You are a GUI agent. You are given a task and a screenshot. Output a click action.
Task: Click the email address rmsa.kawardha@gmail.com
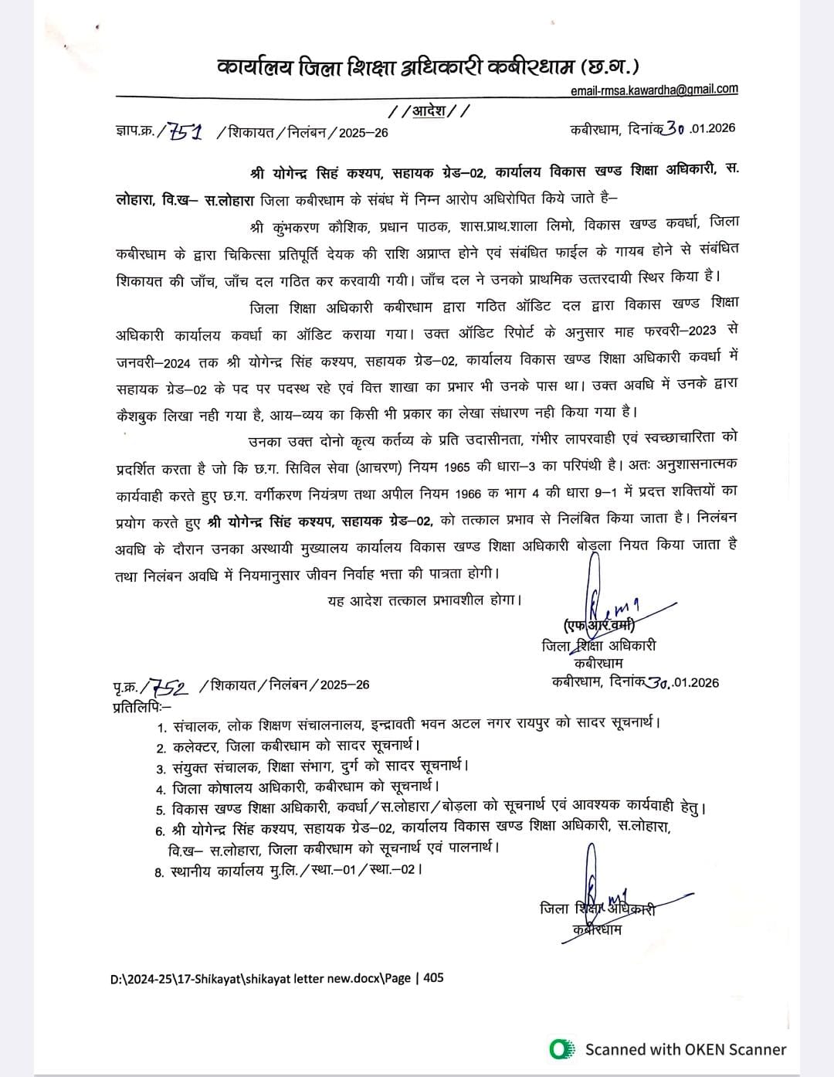pos(654,90)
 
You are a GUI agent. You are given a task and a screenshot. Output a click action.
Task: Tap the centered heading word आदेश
pos(429,110)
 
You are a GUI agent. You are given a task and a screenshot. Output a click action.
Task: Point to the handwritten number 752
pos(168,685)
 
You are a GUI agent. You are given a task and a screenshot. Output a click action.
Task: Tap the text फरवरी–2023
pos(687,331)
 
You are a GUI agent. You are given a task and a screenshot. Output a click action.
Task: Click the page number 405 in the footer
pos(434,977)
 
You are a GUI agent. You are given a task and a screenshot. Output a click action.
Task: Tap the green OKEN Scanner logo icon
pos(561,1049)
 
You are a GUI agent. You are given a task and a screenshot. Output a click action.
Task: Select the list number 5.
pos(161,810)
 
